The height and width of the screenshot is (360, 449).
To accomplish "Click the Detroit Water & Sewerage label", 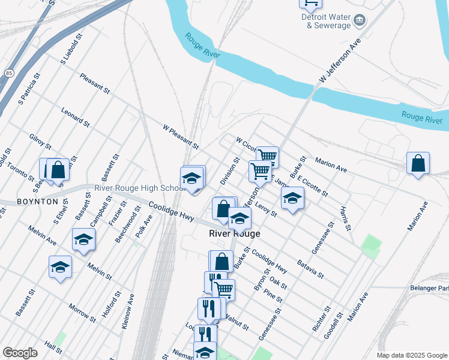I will coord(326,22).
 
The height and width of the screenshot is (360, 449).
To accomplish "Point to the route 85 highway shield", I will coord(8,73).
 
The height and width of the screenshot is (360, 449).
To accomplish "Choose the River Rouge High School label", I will coord(140,188).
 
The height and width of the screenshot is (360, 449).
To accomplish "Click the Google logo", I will coord(20,353).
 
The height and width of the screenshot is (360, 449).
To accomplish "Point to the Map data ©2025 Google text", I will coord(411,355).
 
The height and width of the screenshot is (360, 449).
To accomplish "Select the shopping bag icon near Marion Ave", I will coord(418,163).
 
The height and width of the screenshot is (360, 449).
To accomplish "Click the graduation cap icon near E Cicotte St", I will coord(292,198).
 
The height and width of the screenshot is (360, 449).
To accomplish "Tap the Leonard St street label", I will coord(75,116).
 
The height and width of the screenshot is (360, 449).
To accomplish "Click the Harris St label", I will coord(345,220).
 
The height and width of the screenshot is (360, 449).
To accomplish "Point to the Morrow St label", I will coord(82,313).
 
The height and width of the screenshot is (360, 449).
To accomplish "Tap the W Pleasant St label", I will coord(181,136).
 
